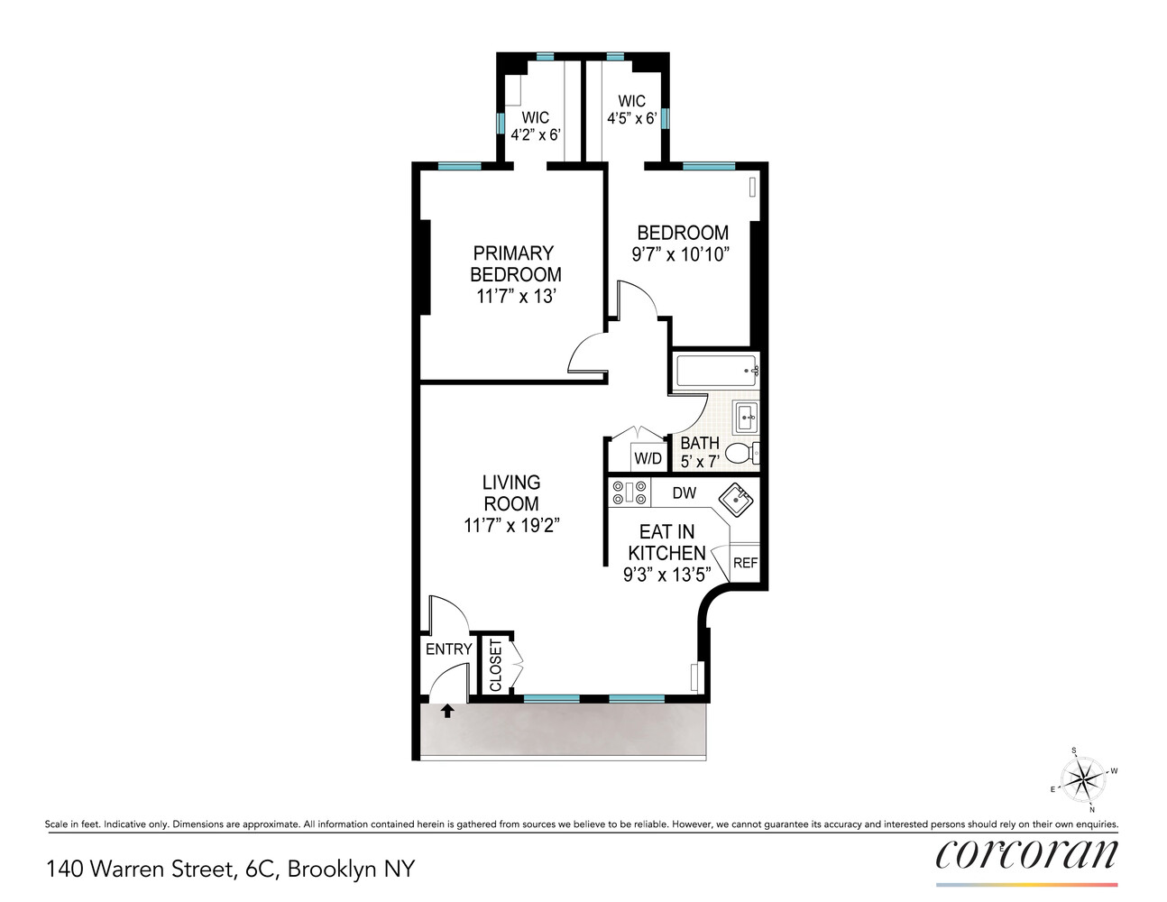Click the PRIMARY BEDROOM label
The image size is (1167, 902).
point(515,263)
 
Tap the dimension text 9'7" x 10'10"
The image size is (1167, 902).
point(680,255)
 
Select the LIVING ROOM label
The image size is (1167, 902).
point(511,493)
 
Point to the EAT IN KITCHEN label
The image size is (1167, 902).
point(667,542)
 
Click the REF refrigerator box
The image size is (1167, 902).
point(745,563)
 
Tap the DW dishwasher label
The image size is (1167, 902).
point(685,493)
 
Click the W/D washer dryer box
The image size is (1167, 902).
point(648,458)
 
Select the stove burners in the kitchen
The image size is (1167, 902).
point(629,492)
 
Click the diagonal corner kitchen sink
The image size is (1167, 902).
point(736,499)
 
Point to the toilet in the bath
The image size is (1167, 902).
point(740,453)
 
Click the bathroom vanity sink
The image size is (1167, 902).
point(745,418)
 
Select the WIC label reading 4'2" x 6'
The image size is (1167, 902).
point(536,126)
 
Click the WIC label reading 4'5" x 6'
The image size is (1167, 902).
point(631,110)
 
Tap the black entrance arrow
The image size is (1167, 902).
point(446,711)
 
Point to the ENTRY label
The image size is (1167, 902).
point(448,649)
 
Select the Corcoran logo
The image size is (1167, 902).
point(1026,854)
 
